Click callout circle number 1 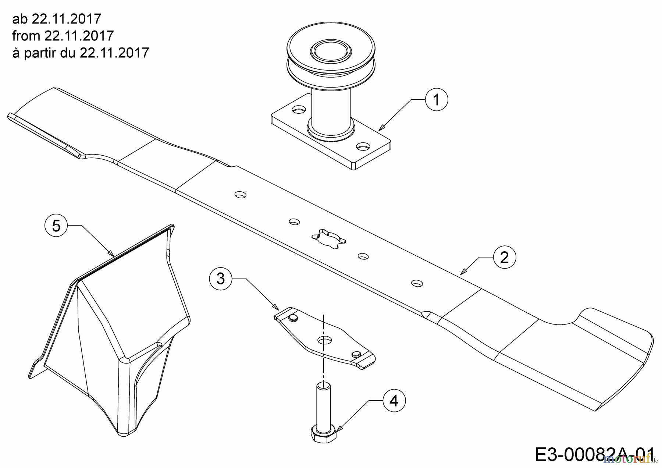tap(437, 99)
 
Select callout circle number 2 tap(504, 257)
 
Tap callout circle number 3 tap(220, 279)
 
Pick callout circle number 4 tap(394, 401)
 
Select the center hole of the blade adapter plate tap(324, 339)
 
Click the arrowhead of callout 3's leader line tap(274, 306)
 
